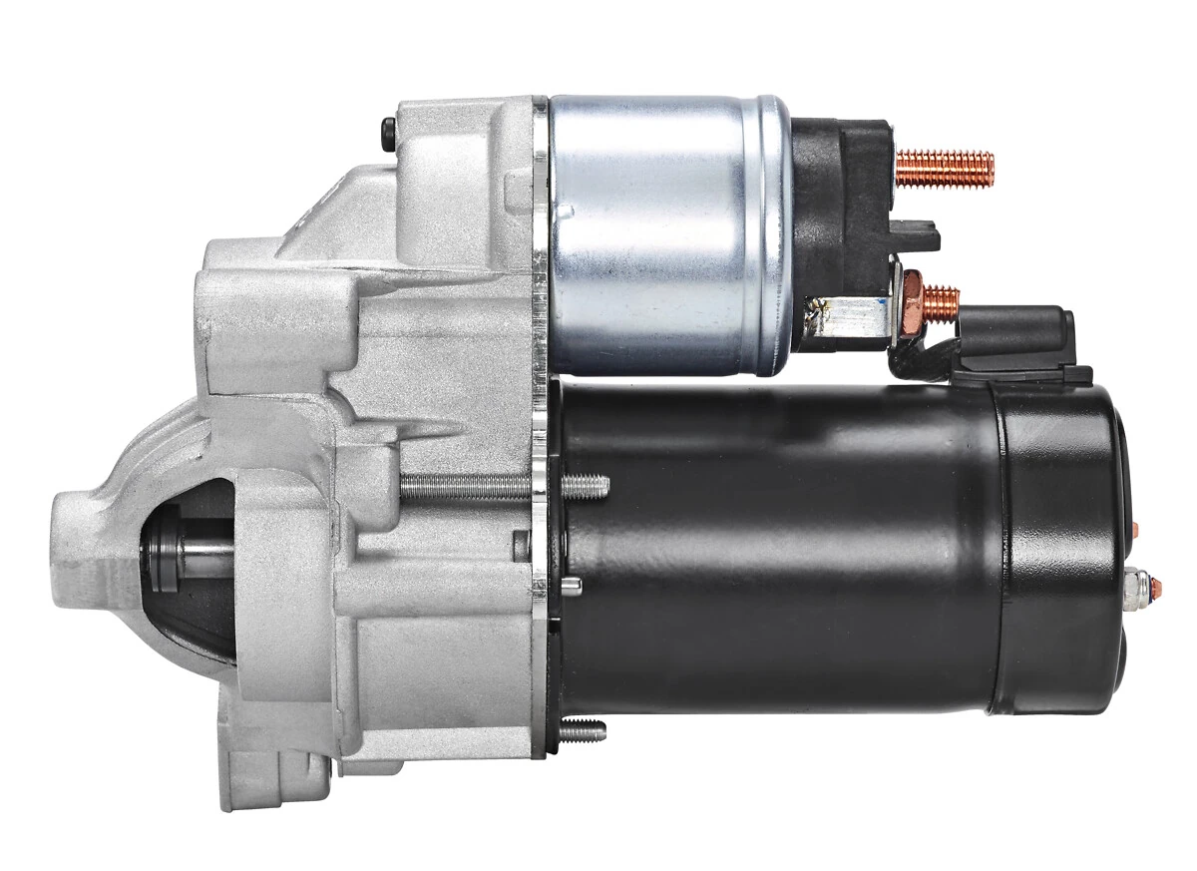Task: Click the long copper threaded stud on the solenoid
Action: pyautogui.click(x=946, y=168)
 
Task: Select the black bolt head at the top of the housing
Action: pyautogui.click(x=388, y=131)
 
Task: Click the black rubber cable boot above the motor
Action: pyautogui.click(x=1017, y=339)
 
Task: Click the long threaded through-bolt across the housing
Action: pyautogui.click(x=499, y=486)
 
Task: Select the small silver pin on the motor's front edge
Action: pyautogui.click(x=573, y=583)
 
